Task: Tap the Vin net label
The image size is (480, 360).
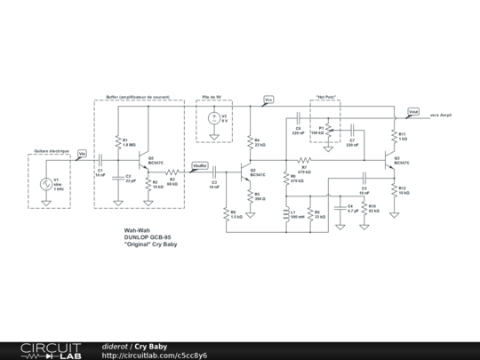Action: click(82, 154)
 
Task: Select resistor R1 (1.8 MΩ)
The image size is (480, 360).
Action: click(118, 142)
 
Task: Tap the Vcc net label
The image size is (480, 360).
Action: click(269, 100)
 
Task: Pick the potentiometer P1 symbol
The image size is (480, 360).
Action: click(327, 131)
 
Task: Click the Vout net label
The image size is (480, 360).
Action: click(412, 112)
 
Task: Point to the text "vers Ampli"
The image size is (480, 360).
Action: click(442, 115)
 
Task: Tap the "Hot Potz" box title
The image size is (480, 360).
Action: click(326, 97)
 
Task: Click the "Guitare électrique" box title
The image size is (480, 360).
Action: click(51, 150)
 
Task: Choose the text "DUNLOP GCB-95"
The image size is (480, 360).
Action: click(148, 237)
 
